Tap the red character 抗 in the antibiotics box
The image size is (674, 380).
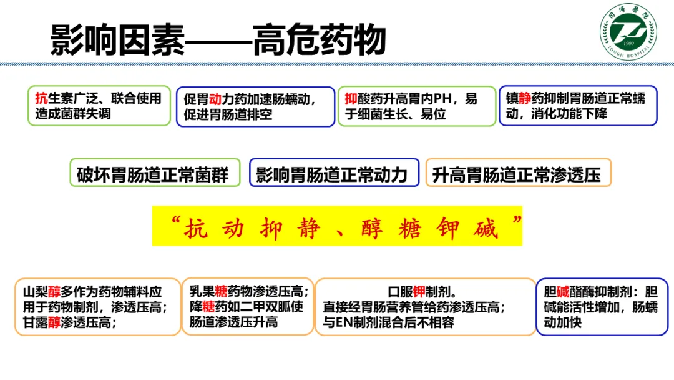(42, 98)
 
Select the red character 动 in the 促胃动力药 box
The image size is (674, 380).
(217, 99)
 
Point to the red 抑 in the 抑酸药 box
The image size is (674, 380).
(351, 98)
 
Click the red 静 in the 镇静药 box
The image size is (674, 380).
(525, 97)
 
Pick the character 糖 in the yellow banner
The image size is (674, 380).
(410, 229)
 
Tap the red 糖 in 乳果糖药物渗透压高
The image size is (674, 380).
(221, 292)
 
